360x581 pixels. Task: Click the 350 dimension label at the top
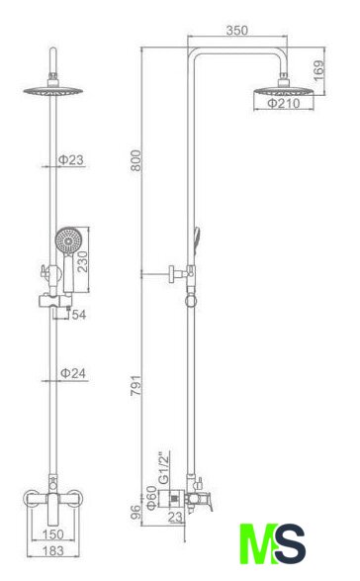(237, 30)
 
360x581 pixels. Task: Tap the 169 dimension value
(318, 71)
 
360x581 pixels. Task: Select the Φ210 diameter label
(284, 103)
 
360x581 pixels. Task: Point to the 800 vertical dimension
(135, 160)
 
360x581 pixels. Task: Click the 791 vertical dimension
(135, 385)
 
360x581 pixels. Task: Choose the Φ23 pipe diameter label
(71, 159)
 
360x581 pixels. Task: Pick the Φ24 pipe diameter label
(73, 373)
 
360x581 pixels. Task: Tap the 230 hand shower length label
(82, 261)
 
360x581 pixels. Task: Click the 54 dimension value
(79, 315)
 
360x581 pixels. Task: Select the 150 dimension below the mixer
(53, 533)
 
